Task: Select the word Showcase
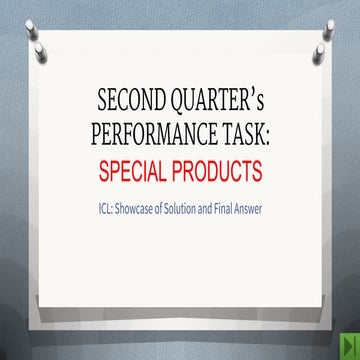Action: point(140,210)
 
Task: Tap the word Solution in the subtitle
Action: point(186,210)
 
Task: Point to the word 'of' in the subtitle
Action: point(165,210)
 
